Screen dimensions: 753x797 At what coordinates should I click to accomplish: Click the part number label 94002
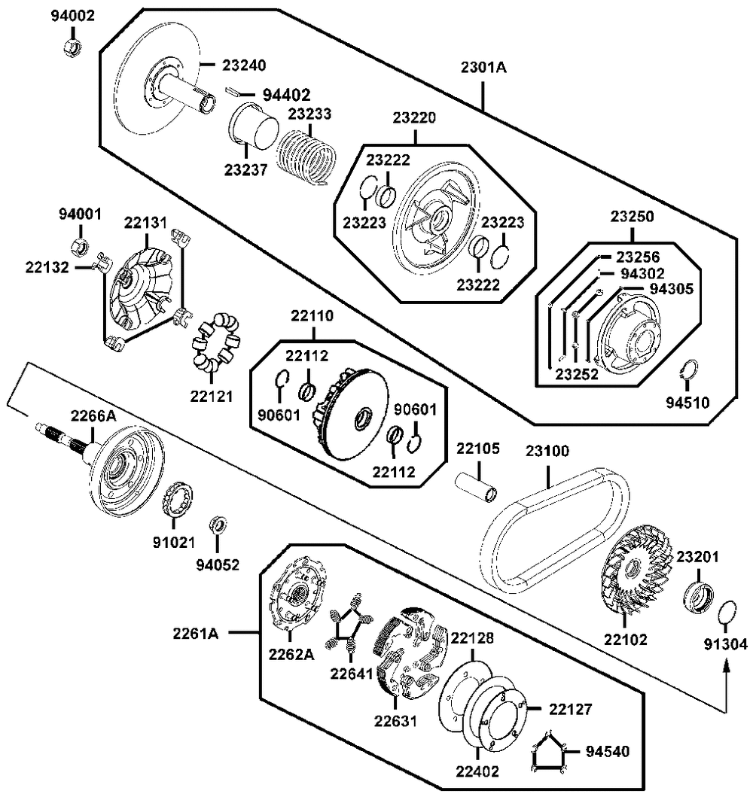click(73, 16)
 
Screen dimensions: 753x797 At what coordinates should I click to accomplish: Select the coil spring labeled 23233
click(306, 157)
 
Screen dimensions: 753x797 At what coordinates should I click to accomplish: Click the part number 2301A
click(483, 67)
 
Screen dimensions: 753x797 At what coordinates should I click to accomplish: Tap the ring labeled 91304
click(727, 613)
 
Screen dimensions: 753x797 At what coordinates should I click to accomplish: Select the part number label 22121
click(212, 397)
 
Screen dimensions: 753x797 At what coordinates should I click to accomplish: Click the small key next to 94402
click(233, 91)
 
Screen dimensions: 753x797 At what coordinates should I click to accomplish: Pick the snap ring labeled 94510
click(690, 370)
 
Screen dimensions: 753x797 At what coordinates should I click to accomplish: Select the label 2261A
click(195, 634)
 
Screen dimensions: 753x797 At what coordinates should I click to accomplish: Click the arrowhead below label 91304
click(727, 667)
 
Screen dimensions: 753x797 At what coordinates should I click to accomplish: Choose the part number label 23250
click(632, 217)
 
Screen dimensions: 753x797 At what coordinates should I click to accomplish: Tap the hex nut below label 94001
click(79, 247)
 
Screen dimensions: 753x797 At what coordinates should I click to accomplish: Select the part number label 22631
click(395, 721)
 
